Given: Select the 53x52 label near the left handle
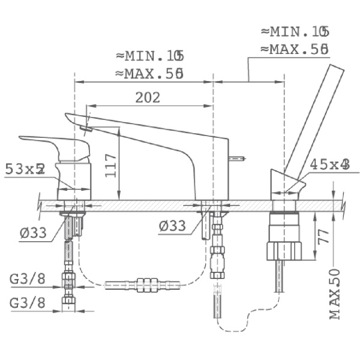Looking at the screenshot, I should point(25,169).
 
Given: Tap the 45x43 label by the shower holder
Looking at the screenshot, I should point(329,164).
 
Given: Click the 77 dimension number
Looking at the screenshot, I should point(323,235).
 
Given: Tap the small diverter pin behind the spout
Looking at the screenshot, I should point(238,159).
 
